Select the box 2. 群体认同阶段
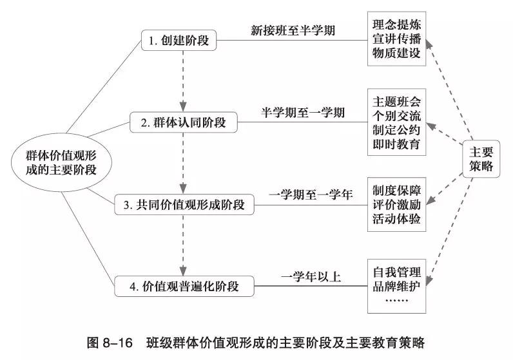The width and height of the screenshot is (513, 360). click(183, 122)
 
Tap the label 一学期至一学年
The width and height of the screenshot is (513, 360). click(310, 194)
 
